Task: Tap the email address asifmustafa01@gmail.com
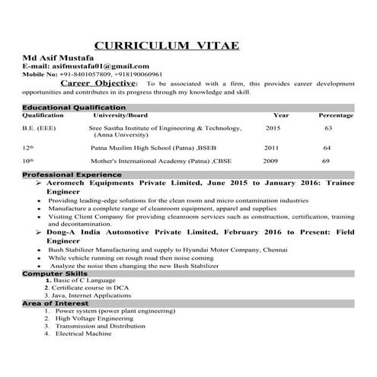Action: click(106, 66)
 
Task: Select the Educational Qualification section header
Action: click(74, 107)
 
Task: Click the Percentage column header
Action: click(335, 115)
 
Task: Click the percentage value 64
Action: click(327, 147)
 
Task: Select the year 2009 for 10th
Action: click(270, 161)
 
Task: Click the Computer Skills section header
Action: click(54, 272)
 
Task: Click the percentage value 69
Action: click(326, 161)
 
